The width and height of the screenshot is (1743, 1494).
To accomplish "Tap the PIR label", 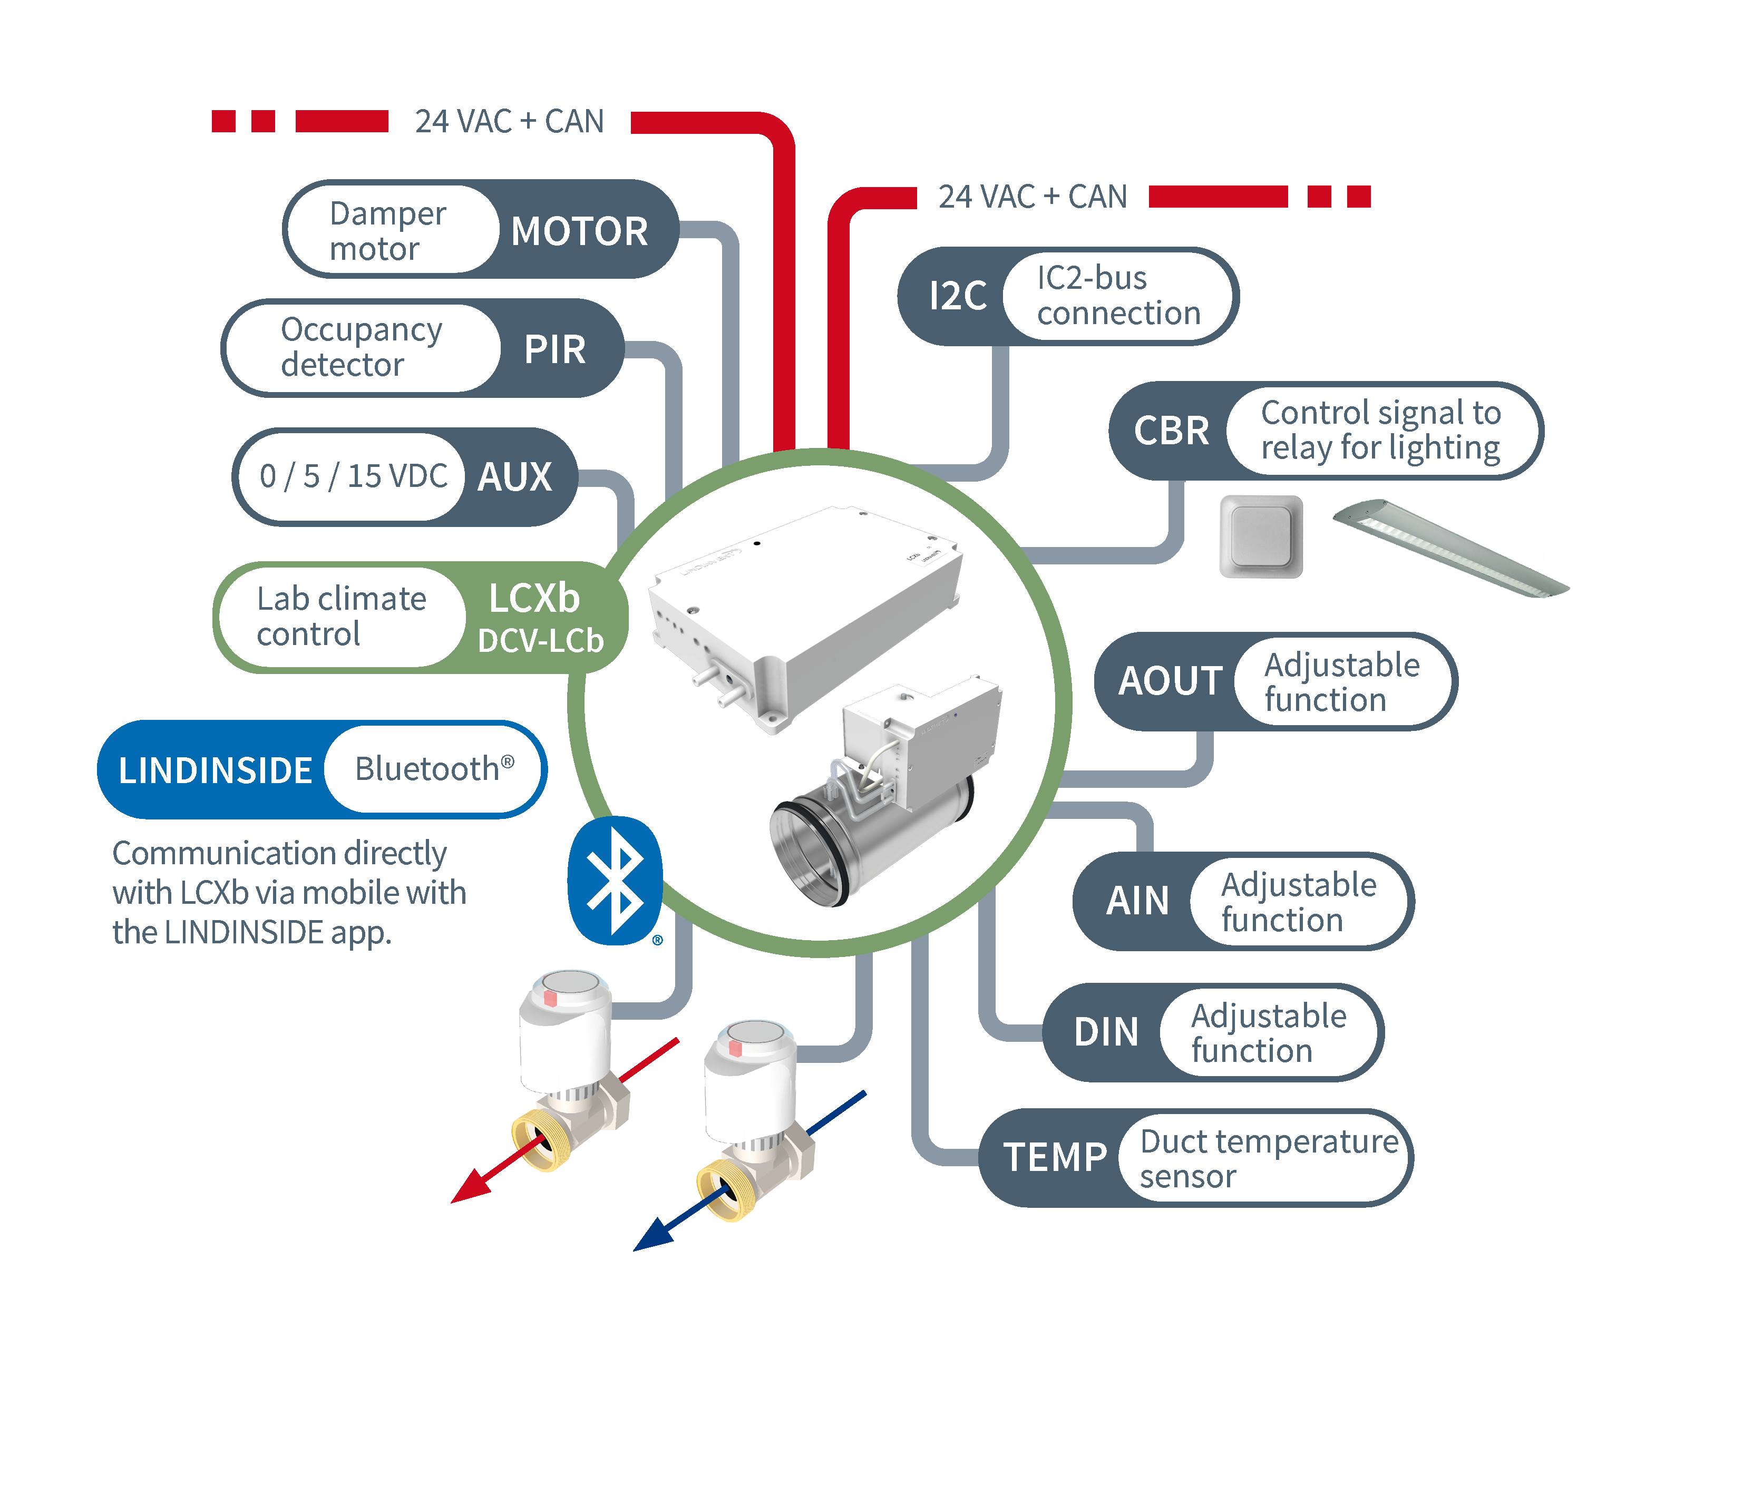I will pyautogui.click(x=554, y=348).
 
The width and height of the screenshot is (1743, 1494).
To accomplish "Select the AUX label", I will pyautogui.click(x=514, y=476).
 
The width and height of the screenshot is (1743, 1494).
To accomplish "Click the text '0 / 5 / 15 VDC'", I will pyautogui.click(x=353, y=476).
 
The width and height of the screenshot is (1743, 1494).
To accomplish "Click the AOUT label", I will pyautogui.click(x=1169, y=680).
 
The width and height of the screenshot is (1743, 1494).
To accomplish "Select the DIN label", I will pyautogui.click(x=1105, y=1032).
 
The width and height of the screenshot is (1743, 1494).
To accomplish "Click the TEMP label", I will pyautogui.click(x=1054, y=1157).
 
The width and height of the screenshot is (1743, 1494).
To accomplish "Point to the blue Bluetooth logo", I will pyautogui.click(x=615, y=880).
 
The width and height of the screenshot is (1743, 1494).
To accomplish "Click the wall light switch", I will pyautogui.click(x=1260, y=536).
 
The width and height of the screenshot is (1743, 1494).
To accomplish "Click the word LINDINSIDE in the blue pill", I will pyautogui.click(x=216, y=770).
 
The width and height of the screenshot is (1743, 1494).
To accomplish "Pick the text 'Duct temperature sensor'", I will pyautogui.click(x=1268, y=1158).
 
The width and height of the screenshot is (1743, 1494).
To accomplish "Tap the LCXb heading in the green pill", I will pyautogui.click(x=534, y=598).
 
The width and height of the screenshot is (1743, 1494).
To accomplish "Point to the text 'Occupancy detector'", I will pyautogui.click(x=361, y=347).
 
